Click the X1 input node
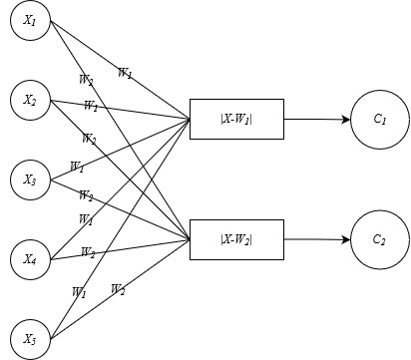pos(30,21)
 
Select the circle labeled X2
pos(30,100)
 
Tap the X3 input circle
pos(30,180)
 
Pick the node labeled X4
pos(30,259)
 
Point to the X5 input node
pos(30,339)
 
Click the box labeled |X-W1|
pos(236,119)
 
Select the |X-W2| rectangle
pos(236,239)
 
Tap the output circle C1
pos(380,120)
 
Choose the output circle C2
pos(380,239)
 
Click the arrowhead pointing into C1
pos(346,120)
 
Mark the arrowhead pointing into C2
pos(346,239)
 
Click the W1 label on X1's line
pos(125,73)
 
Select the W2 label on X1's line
pos(86,80)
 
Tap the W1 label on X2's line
pos(91,107)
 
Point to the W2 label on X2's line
pos(89,139)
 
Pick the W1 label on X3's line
pos(77,167)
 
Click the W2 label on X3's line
pos(86,195)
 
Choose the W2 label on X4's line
pos(88,252)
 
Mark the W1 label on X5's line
pos(79,292)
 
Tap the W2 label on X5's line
pos(118,290)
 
